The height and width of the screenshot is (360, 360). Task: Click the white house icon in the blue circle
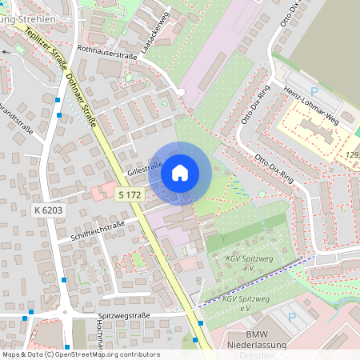click(x=180, y=172)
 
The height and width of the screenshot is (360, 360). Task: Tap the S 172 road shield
click(x=129, y=194)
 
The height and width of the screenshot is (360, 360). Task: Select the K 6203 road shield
click(x=47, y=210)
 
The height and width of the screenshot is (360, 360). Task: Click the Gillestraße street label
click(x=145, y=170)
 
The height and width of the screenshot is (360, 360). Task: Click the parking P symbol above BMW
click(x=291, y=317)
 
